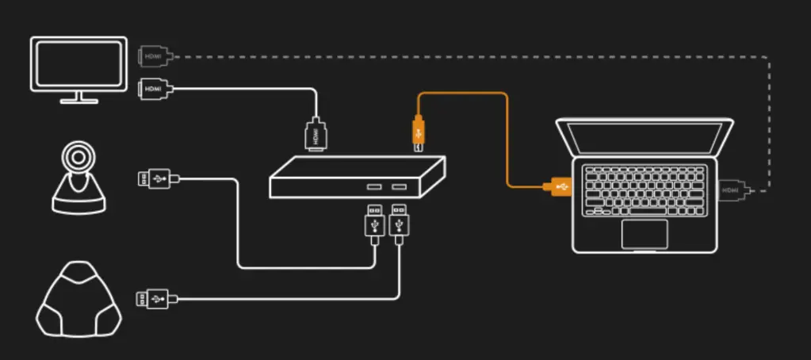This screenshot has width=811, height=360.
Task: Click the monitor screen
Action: point(78,63)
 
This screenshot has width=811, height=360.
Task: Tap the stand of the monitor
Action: point(78,98)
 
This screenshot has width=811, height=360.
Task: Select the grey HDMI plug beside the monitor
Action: point(151,56)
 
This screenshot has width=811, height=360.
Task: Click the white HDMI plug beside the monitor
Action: point(151,89)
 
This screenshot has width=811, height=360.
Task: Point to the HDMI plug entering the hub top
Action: point(316,134)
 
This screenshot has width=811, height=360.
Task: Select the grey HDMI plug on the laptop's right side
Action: point(732,190)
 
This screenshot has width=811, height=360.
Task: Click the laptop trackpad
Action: point(644,234)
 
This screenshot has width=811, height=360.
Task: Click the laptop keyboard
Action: point(644,190)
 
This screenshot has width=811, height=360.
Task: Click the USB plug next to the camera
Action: point(154,180)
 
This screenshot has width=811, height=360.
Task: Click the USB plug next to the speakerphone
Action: point(152,299)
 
